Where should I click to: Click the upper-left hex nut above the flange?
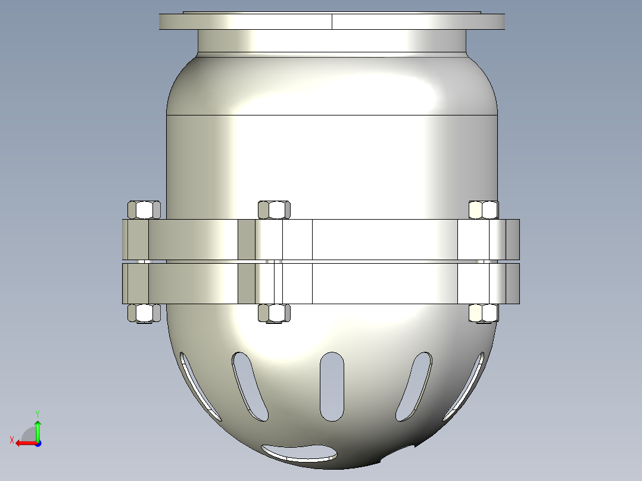(144, 210)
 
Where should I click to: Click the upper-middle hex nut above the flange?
(274, 210)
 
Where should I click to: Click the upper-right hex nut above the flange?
(484, 210)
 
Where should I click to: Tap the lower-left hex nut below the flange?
(144, 313)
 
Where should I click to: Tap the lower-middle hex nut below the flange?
(274, 313)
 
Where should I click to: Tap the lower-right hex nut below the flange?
(484, 313)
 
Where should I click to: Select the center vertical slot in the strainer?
(332, 386)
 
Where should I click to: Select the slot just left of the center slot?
(250, 386)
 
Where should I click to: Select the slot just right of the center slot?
(413, 386)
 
